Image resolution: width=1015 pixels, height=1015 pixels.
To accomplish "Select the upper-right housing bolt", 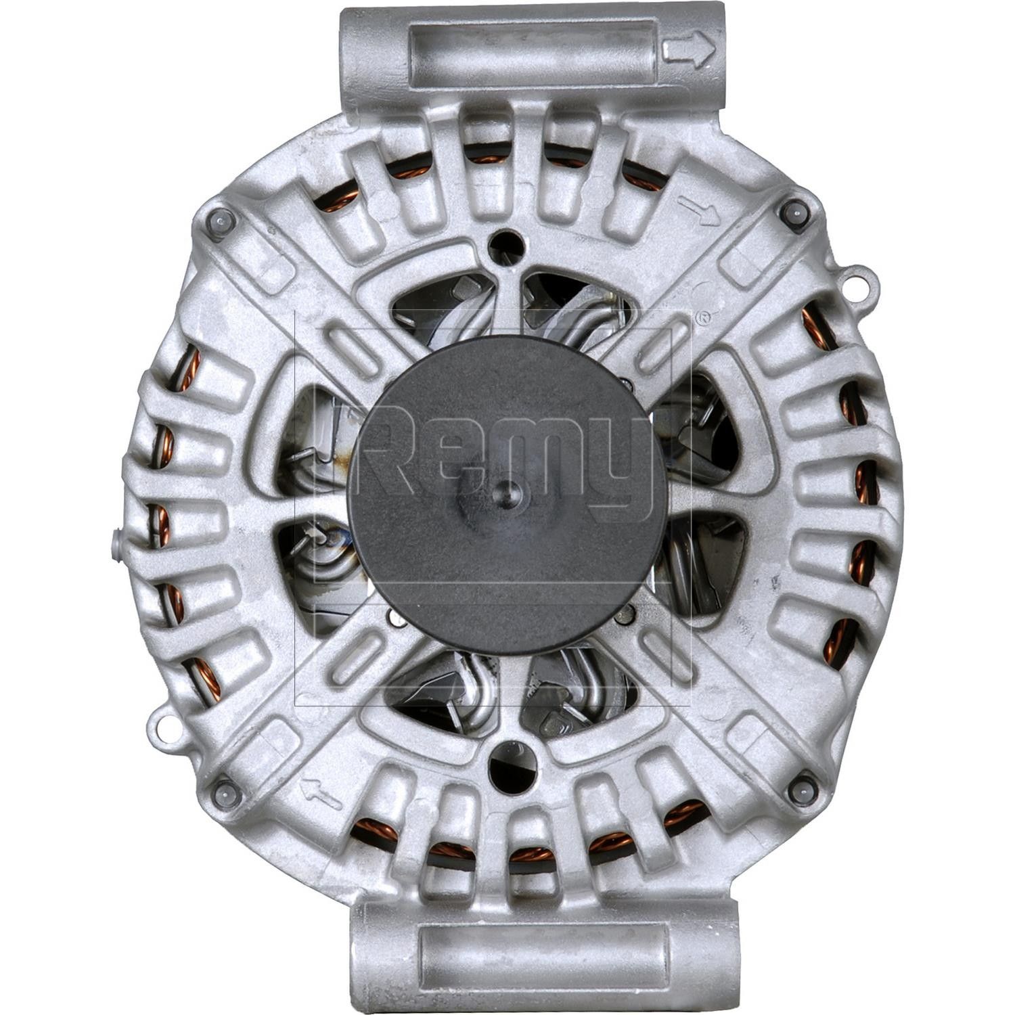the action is (x=794, y=211).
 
